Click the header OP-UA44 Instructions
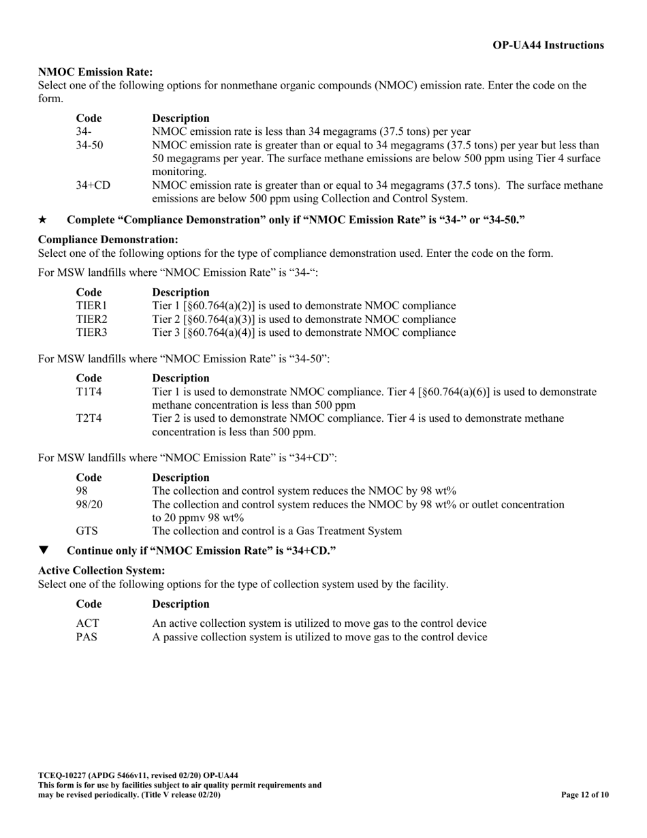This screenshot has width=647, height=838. (548, 46)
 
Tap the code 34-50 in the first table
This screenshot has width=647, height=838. (89, 145)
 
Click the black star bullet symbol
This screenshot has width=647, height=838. (43, 220)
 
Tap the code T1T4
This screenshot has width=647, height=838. (89, 392)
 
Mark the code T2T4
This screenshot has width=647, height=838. (89, 418)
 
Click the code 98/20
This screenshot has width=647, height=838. (89, 504)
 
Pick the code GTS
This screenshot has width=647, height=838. (86, 531)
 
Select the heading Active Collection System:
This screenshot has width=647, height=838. (101, 570)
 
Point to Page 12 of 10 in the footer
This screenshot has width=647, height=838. (584, 794)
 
